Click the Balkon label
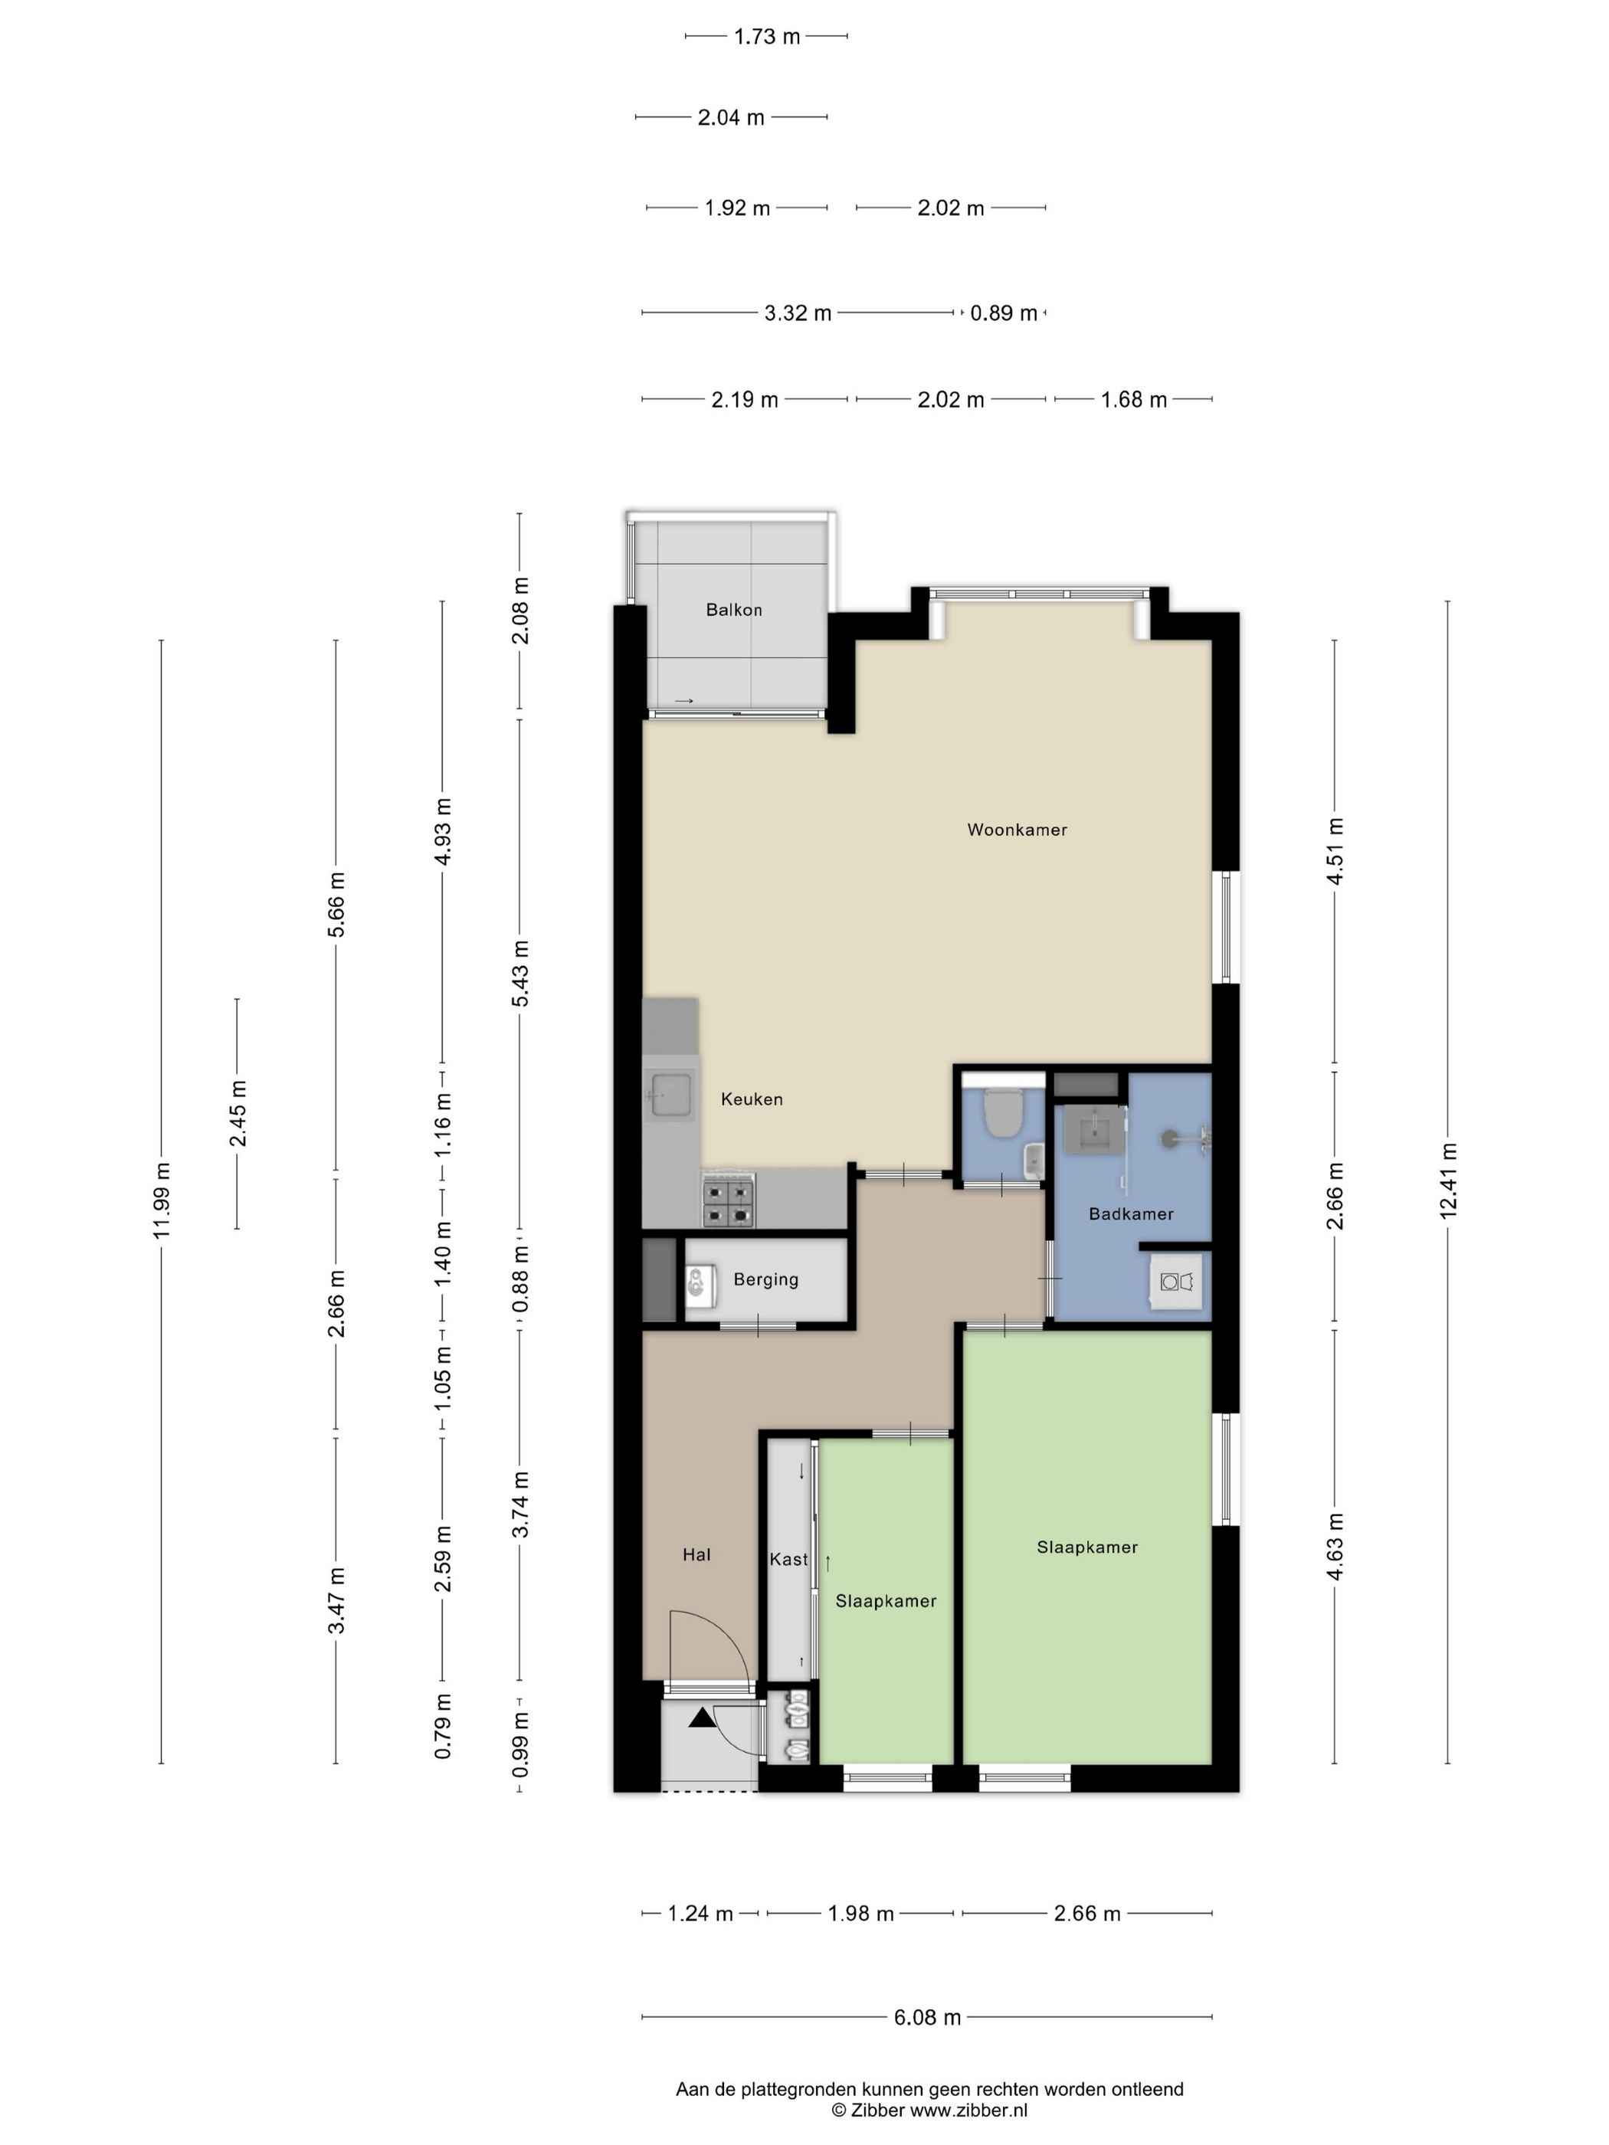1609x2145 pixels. point(733,610)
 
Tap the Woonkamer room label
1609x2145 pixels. point(1017,829)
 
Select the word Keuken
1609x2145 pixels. point(752,1099)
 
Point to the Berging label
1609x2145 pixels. point(765,1280)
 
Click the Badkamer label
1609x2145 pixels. point(1131,1214)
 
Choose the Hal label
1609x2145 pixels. point(696,1554)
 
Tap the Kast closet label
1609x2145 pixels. point(788,1559)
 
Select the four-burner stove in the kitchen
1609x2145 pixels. point(729,1201)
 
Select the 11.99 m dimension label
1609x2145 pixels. point(161,1199)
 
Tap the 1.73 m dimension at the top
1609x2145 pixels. point(766,37)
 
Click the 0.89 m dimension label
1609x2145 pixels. point(1004,313)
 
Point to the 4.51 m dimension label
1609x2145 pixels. point(1335,851)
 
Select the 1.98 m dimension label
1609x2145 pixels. point(860,1913)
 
